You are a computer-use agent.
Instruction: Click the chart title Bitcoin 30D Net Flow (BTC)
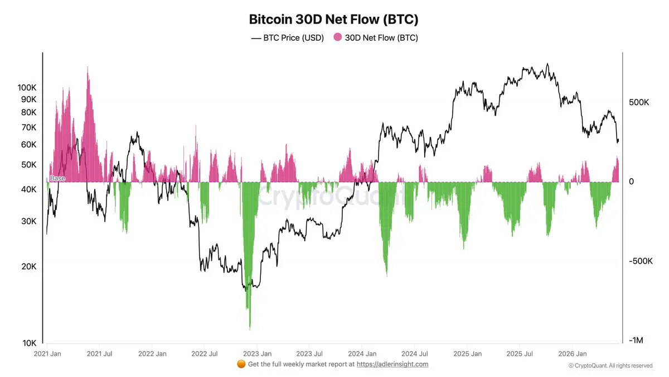pyautogui.click(x=333, y=20)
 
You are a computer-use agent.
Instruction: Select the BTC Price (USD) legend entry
pyautogui.click(x=287, y=38)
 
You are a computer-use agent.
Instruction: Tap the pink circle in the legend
pyautogui.click(x=337, y=37)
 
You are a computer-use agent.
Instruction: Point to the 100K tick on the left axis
pyautogui.click(x=27, y=88)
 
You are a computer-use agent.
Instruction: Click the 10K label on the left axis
pyautogui.click(x=29, y=343)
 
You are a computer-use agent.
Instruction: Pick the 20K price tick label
pyautogui.click(x=28, y=266)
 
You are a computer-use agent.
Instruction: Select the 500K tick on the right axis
pyautogui.click(x=639, y=102)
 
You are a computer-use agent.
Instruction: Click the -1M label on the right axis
pyautogui.click(x=636, y=340)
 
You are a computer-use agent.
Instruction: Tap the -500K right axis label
pyautogui.click(x=641, y=261)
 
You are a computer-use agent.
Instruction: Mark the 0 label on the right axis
pyautogui.click(x=631, y=182)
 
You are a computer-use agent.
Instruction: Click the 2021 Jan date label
pyautogui.click(x=47, y=354)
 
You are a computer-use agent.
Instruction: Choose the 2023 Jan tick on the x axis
pyautogui.click(x=258, y=354)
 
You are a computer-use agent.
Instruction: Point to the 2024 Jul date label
pyautogui.click(x=415, y=354)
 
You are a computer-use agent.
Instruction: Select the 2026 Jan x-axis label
pyautogui.click(x=573, y=354)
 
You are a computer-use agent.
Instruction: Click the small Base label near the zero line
pyautogui.click(x=57, y=178)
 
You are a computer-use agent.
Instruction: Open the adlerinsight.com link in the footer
pyautogui.click(x=392, y=364)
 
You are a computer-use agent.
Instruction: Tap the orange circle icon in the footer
pyautogui.click(x=241, y=364)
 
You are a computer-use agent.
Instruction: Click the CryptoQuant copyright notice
pyautogui.click(x=610, y=366)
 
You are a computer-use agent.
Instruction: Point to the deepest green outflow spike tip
pyautogui.click(x=250, y=330)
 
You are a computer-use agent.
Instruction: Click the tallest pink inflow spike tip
pyautogui.click(x=88, y=66)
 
